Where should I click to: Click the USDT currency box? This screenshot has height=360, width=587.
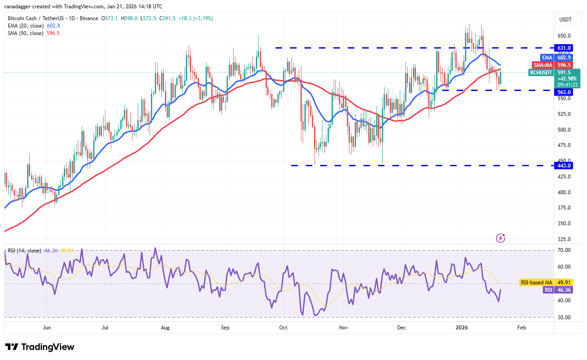click(565, 19)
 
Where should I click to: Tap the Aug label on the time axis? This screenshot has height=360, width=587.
click(165, 327)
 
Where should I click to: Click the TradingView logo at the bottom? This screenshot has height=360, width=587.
click(40, 347)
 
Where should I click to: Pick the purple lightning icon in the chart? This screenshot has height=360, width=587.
click(501, 238)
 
